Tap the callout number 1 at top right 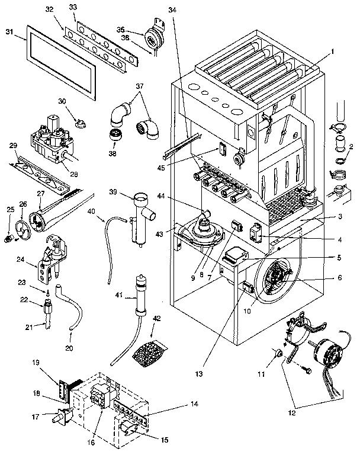pos(333,52)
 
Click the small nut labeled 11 pos(275,354)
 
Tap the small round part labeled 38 pos(115,133)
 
